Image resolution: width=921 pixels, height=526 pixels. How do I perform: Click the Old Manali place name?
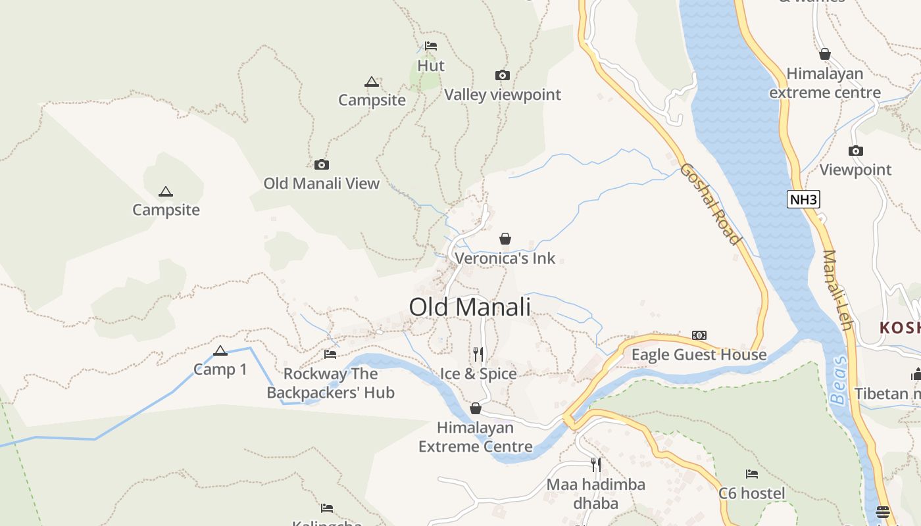[x=470, y=307]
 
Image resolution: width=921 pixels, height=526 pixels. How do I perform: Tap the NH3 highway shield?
[x=804, y=199]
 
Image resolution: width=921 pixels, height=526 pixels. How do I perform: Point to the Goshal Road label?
[x=710, y=204]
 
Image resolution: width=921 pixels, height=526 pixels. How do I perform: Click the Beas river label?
[x=839, y=381]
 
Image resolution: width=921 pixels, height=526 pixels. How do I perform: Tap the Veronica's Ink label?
[x=505, y=258]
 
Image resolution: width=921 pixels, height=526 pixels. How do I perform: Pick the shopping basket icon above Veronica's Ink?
[x=505, y=239]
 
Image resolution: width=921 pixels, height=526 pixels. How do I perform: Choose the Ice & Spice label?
[x=478, y=373]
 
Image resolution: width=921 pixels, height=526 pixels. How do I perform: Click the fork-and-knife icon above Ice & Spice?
[x=478, y=354]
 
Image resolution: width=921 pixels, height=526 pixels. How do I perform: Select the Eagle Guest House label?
[x=699, y=355]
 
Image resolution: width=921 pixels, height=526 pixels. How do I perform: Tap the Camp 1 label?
[x=220, y=370]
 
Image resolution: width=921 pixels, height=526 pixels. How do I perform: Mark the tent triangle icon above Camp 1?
[x=220, y=350]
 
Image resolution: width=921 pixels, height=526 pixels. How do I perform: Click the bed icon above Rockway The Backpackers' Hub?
[x=330, y=354]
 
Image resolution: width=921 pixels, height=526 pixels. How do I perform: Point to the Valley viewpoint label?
[x=503, y=95]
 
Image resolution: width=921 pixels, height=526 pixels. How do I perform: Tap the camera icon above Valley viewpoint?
[x=503, y=76]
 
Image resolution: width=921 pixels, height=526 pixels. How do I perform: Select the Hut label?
[x=431, y=66]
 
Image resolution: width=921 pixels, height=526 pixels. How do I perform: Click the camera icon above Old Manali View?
[x=322, y=164]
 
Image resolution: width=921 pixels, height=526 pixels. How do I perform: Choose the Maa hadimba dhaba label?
[x=596, y=494]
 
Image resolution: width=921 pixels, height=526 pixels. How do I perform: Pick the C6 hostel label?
[x=751, y=493]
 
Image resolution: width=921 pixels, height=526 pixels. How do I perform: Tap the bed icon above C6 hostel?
[x=751, y=474]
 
